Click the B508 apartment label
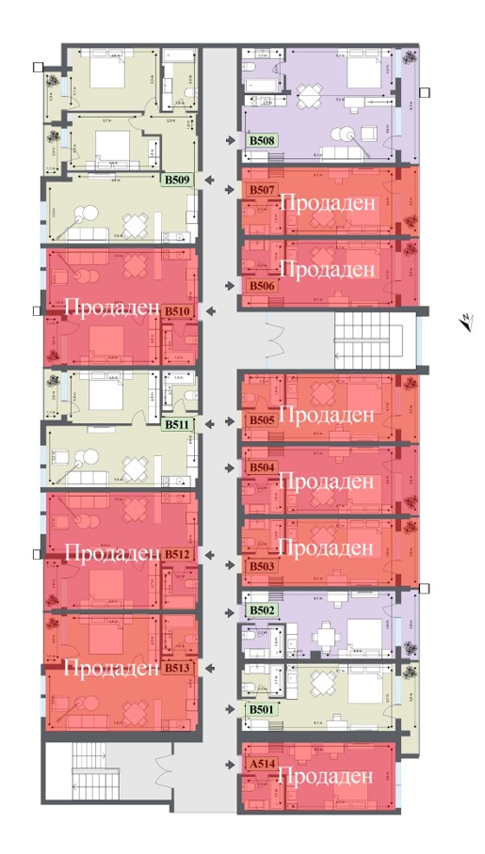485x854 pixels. (261, 141)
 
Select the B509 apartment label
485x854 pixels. (178, 179)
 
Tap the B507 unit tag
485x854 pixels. (261, 191)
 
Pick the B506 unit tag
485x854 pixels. (261, 285)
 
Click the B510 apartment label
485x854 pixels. (178, 310)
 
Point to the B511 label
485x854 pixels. (178, 424)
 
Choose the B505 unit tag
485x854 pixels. (261, 420)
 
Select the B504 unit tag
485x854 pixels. (261, 467)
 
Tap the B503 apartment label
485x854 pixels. (261, 567)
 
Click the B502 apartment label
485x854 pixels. (261, 610)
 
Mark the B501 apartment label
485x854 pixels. (261, 709)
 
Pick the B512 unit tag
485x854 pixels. (178, 555)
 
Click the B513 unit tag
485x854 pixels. (178, 668)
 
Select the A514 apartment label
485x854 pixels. (260, 765)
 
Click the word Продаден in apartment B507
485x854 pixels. (328, 202)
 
